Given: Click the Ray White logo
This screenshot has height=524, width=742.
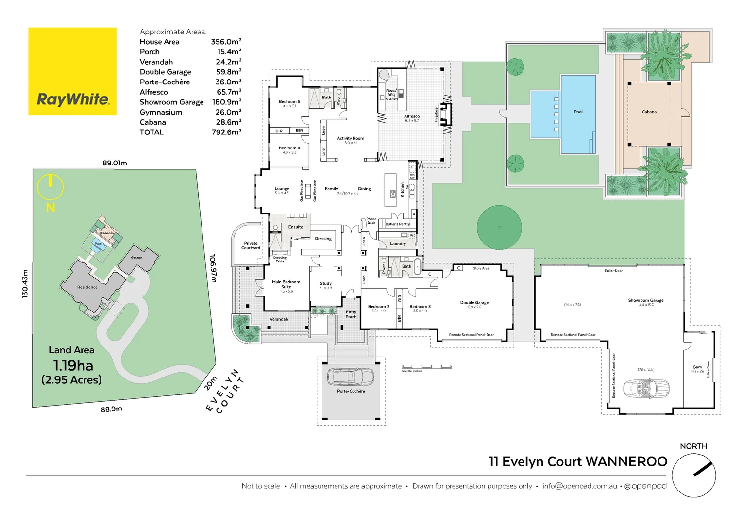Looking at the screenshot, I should pyautogui.click(x=72, y=71).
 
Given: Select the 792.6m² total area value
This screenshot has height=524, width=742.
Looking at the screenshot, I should pyautogui.click(x=226, y=132).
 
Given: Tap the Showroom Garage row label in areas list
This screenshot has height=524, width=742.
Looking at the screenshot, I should pyautogui.click(x=171, y=102).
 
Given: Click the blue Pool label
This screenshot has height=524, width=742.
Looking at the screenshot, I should pyautogui.click(x=578, y=112).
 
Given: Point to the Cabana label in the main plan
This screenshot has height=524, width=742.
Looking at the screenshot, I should pyautogui.click(x=649, y=112).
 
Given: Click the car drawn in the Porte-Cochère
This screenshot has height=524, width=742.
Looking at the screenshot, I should pyautogui.click(x=351, y=377).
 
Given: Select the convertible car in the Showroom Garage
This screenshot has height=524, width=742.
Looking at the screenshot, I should pyautogui.click(x=646, y=388).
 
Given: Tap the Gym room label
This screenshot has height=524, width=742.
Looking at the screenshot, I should pyautogui.click(x=697, y=367).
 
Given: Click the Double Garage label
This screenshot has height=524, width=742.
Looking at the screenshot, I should pyautogui.click(x=474, y=302).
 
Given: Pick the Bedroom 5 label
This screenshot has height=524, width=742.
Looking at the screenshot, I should pyautogui.click(x=289, y=102).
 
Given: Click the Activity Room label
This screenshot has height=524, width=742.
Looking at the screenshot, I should pyautogui.click(x=350, y=138).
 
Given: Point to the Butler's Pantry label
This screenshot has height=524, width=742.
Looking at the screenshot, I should pyautogui.click(x=397, y=224).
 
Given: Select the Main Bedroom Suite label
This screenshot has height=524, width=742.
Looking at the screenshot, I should pyautogui.click(x=286, y=284).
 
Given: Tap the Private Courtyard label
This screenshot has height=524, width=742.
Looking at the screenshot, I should pyautogui.click(x=251, y=246).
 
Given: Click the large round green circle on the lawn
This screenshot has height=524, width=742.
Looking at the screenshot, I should pyautogui.click(x=499, y=228).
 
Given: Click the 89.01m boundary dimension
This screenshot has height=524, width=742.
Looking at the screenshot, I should pyautogui.click(x=115, y=163).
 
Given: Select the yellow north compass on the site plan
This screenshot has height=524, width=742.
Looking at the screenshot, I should pyautogui.click(x=51, y=187).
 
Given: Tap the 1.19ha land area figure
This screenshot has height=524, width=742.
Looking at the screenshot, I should pyautogui.click(x=73, y=365).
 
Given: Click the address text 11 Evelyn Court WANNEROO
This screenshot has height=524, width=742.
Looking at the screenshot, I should pyautogui.click(x=577, y=461).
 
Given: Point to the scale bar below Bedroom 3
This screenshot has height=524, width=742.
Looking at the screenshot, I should pyautogui.click(x=427, y=367).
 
